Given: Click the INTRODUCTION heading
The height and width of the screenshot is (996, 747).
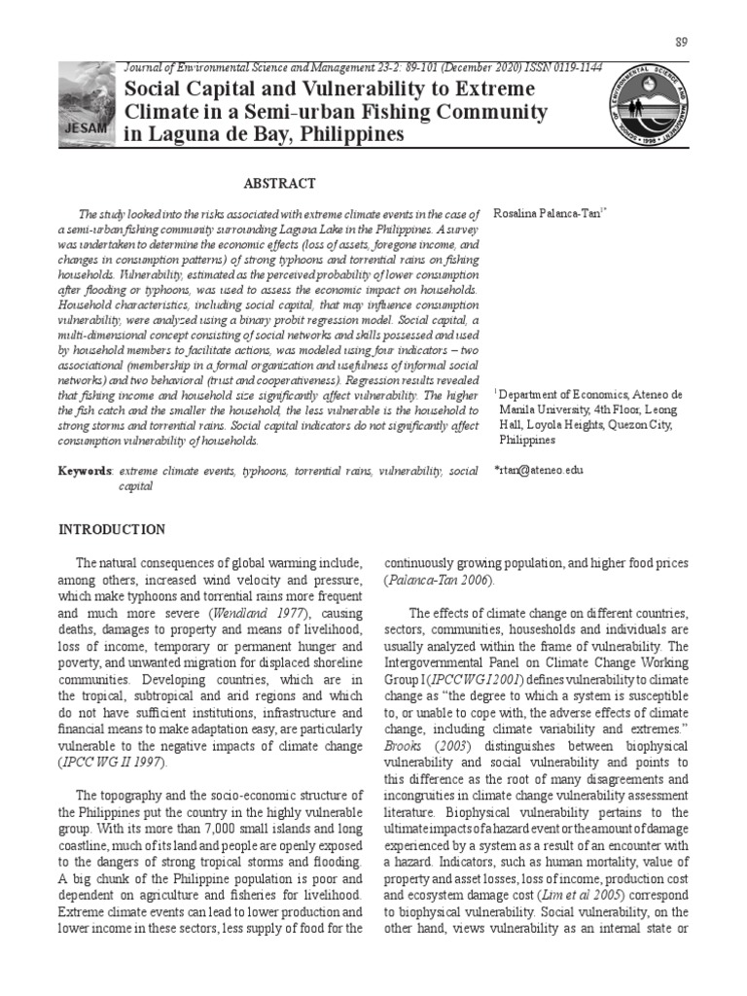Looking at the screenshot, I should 113,529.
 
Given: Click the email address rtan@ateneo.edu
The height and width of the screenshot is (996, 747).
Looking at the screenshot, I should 538,470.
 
